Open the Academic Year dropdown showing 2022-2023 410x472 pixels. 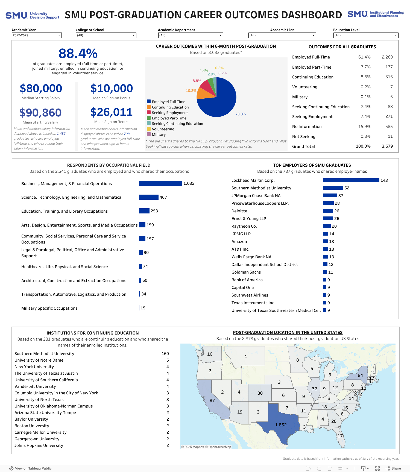(x=37, y=35)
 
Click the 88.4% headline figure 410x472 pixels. (x=78, y=54)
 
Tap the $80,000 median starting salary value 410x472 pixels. (x=41, y=88)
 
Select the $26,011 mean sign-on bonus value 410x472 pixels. (x=111, y=112)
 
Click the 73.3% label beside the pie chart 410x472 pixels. (x=241, y=114)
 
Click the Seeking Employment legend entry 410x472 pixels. (x=170, y=113)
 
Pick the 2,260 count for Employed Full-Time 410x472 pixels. (x=387, y=57)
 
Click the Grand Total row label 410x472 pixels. (x=303, y=146)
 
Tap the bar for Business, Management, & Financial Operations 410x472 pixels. (x=160, y=183)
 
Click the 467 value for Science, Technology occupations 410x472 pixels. (x=163, y=197)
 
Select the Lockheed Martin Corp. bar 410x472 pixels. (x=351, y=180)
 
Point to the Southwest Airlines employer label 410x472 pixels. (x=250, y=295)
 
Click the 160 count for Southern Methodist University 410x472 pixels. (x=165, y=354)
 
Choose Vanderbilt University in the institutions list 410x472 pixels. (x=35, y=386)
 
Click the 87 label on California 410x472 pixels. (x=212, y=400)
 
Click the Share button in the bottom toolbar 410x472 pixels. (x=393, y=468)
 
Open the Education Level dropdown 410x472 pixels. (x=366, y=35)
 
